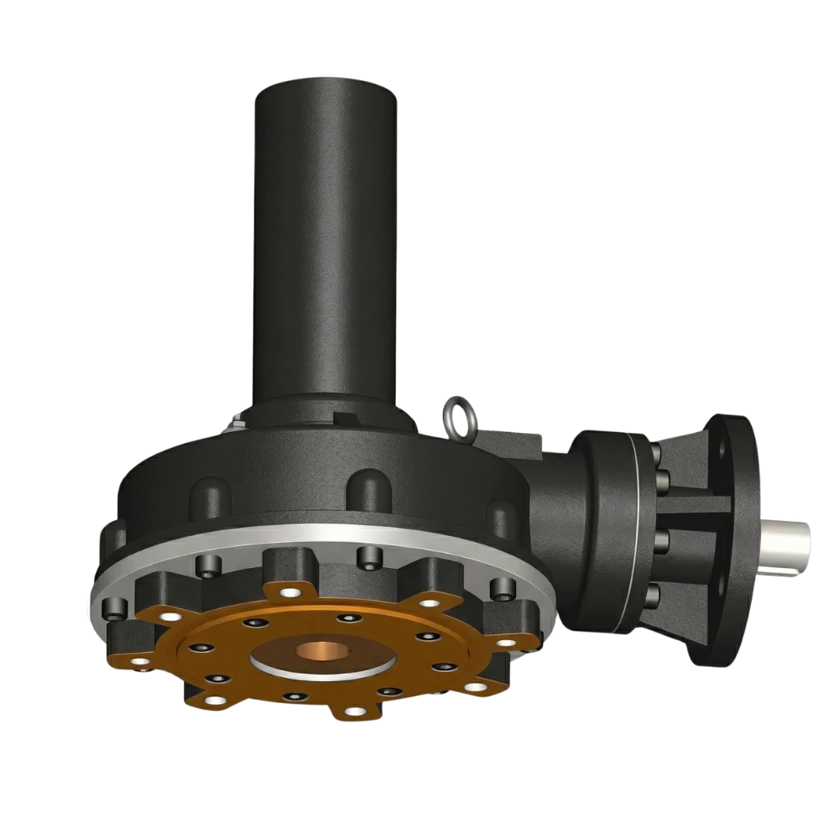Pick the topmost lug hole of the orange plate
pos(290,593)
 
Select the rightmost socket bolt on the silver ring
pos(501,586)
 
